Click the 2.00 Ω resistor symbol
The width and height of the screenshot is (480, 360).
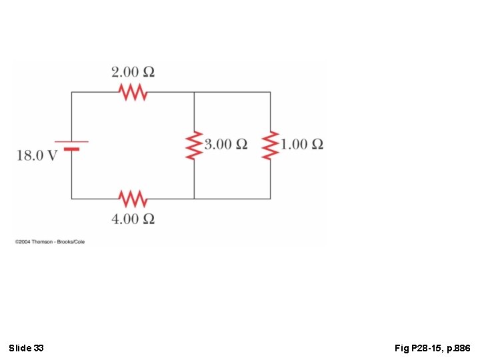pos(133,92)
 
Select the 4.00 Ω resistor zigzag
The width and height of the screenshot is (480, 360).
pos(133,198)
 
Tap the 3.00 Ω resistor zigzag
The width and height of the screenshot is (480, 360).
pos(194,145)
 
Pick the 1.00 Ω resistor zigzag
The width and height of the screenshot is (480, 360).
pos(270,145)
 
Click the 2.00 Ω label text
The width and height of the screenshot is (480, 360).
pos(133,72)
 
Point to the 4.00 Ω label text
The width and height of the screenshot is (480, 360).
pos(133,219)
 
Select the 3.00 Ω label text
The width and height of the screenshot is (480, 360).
pos(225,144)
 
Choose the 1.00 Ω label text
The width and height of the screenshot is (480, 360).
pos(302,144)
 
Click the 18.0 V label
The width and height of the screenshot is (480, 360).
pos(37,155)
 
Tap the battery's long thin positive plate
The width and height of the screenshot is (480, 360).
pos(71,141)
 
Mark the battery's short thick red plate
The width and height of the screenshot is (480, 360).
pos(71,149)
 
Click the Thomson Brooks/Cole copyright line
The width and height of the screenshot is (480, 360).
pos(50,241)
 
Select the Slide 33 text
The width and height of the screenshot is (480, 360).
pos(27,348)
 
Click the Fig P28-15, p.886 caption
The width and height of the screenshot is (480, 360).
pos(432,348)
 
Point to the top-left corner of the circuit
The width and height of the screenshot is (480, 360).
pos(72,92)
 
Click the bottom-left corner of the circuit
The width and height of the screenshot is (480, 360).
pos(72,198)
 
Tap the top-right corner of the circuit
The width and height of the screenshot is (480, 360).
pos(270,92)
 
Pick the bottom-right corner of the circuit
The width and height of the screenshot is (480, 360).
pos(270,198)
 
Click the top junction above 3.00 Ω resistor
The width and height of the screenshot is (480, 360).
pos(194,92)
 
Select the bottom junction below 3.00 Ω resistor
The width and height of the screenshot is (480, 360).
pos(194,198)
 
